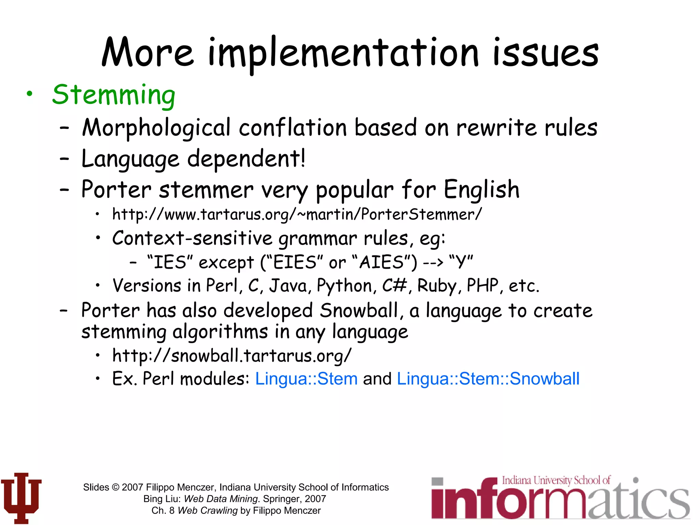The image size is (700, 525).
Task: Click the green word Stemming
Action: click(113, 95)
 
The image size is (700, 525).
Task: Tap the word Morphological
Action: click(156, 128)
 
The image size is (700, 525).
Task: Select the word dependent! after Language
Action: click(246, 159)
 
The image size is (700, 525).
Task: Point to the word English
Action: click(482, 190)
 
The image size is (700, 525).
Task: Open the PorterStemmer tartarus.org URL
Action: click(297, 215)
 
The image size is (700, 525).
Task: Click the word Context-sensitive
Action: click(192, 238)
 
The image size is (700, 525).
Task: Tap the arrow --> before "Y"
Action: click(433, 262)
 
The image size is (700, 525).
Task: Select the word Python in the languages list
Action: click(345, 286)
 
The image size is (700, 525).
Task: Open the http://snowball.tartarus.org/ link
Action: click(231, 355)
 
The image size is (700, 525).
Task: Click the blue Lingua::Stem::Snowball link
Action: click(488, 379)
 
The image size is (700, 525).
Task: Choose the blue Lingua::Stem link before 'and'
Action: click(306, 379)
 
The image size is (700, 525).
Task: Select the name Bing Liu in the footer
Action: click(161, 499)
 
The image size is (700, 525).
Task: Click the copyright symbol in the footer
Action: click(116, 487)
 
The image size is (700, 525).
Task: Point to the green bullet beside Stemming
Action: click(30, 93)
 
